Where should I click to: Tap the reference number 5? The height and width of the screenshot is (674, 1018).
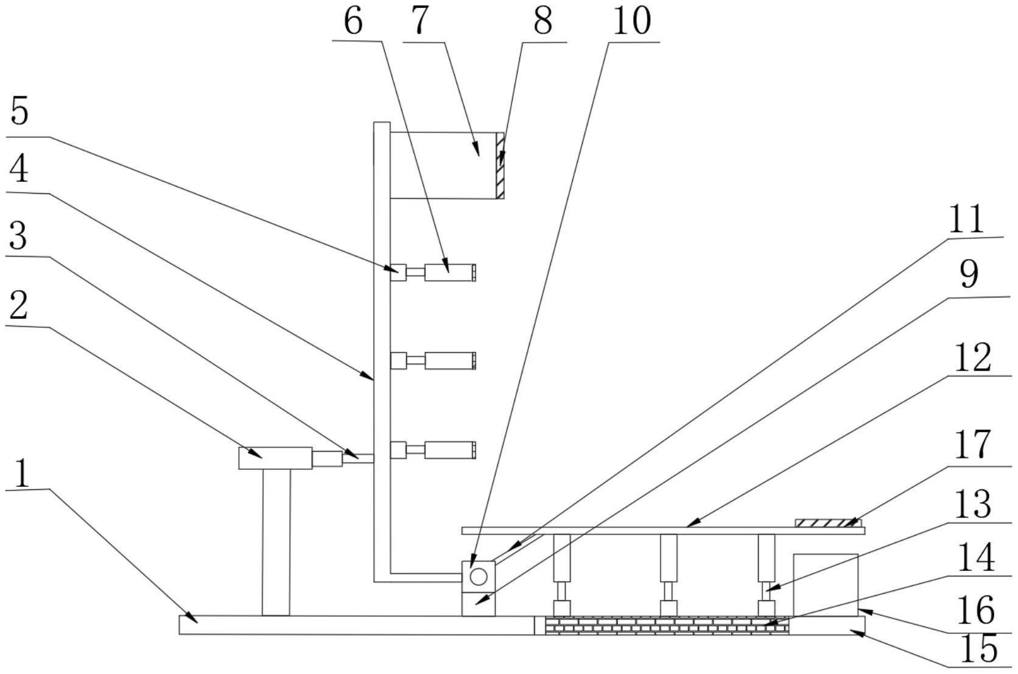19,112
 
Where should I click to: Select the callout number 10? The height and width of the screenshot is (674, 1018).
632,21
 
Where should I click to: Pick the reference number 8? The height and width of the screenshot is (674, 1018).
543,21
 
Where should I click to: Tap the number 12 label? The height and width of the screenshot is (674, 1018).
972,358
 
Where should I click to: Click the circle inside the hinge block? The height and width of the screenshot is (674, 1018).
478,576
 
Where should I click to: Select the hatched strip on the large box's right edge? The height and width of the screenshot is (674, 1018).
500,166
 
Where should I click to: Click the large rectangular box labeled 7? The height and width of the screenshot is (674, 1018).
443,166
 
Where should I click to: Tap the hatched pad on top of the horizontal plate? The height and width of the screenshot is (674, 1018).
829,523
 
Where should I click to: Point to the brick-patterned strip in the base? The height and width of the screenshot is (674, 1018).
667,625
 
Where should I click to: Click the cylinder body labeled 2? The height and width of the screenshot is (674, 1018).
275,458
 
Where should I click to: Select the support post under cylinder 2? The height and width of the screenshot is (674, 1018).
276,542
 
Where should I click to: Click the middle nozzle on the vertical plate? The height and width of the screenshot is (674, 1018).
433,361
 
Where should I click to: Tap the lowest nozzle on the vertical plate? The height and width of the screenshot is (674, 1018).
433,450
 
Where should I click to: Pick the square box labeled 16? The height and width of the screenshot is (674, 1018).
826,585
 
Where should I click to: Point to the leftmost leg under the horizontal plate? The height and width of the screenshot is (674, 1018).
562,575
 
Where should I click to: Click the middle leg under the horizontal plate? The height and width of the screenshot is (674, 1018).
669,575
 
